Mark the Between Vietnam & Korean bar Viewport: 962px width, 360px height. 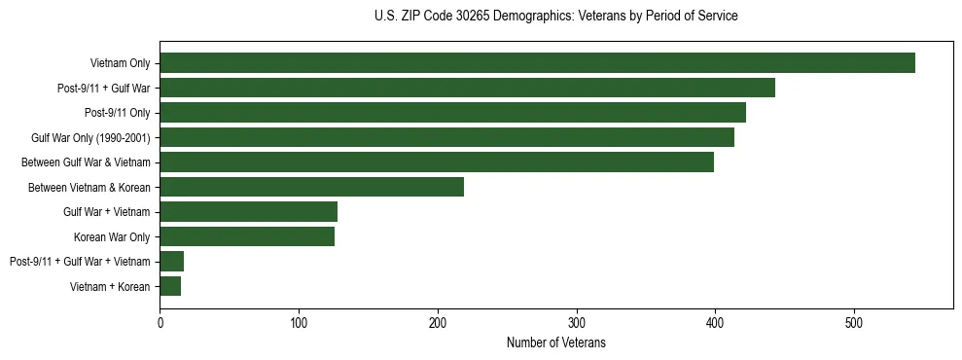311,187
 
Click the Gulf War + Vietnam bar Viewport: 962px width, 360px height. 248,212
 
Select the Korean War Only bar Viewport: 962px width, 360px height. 247,236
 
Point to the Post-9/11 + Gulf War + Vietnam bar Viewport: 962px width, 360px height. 172,261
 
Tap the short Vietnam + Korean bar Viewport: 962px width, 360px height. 170,286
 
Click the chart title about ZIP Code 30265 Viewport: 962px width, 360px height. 555,17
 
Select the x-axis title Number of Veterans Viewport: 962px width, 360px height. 555,342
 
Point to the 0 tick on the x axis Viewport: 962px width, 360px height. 160,322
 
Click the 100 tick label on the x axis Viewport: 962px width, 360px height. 299,322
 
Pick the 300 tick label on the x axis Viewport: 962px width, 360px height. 577,322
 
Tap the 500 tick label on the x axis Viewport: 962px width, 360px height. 854,322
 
